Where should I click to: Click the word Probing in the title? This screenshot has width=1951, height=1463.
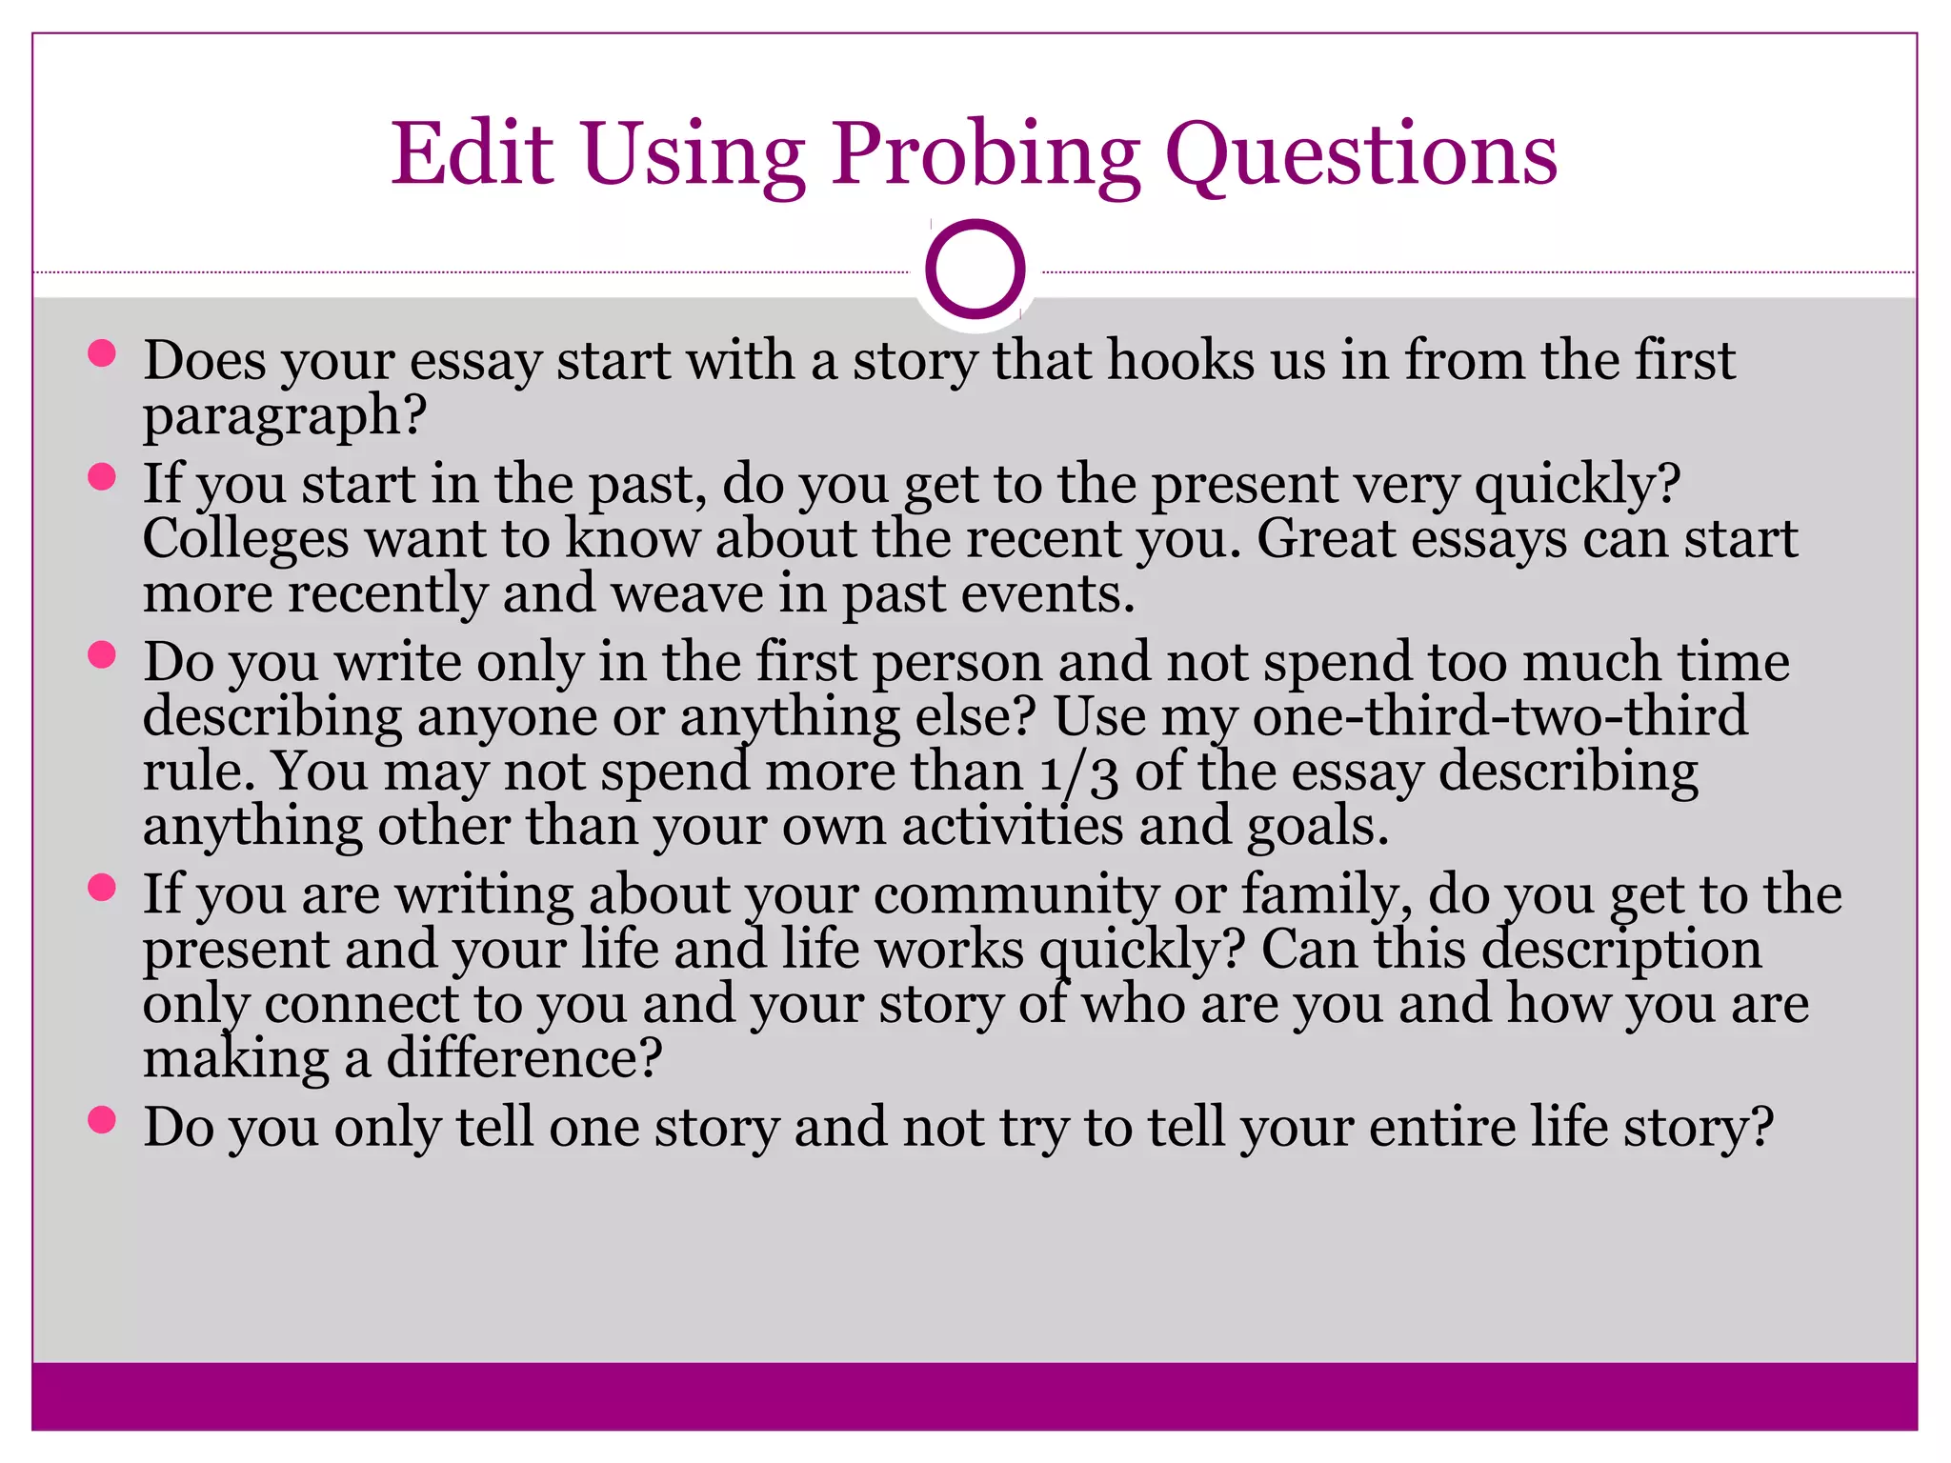[985, 154]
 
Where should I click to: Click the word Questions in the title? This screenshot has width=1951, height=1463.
[1361, 154]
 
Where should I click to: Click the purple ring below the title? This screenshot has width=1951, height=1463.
[975, 269]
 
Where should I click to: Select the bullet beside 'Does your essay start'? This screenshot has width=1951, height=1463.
[101, 354]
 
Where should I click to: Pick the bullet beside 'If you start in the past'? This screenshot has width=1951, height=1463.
[101, 476]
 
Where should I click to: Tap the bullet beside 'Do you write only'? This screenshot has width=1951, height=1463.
[101, 654]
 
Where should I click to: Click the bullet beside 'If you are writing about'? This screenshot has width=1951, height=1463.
[101, 888]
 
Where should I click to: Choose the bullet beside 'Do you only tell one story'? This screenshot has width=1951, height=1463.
[101, 1119]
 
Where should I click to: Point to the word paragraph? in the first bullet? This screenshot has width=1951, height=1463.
[284, 417]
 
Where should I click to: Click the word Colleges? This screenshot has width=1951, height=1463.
[246, 539]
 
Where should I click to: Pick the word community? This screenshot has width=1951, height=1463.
[1016, 895]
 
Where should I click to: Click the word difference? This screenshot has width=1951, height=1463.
[523, 1059]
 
